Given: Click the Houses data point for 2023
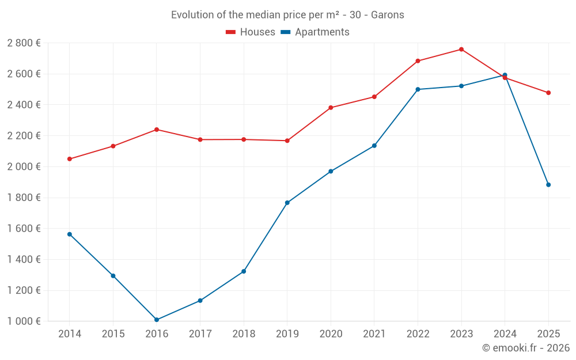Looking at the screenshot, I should [x=461, y=50].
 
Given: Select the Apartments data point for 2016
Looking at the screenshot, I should [x=157, y=320].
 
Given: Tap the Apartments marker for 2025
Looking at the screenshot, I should [x=548, y=185].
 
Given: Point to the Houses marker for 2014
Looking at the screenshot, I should [x=70, y=159].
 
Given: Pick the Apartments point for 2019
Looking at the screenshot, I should [x=287, y=203].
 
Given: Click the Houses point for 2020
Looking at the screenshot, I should [x=331, y=108].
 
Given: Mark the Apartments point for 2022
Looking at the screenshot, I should [x=418, y=89].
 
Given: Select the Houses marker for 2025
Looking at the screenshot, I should [x=548, y=93].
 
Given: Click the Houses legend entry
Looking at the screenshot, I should [x=251, y=32].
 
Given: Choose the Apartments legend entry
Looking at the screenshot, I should [x=315, y=32].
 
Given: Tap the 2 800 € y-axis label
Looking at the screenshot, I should [x=24, y=43].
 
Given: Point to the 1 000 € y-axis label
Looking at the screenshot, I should [x=24, y=321].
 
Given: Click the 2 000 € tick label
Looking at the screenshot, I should [x=24, y=167].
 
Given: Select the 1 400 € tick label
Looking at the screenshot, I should [x=24, y=260].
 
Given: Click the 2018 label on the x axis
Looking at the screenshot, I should [x=244, y=334].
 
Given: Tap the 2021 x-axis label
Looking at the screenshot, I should [x=374, y=334].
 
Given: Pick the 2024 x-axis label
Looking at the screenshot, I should [x=505, y=334].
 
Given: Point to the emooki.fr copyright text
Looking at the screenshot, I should [x=526, y=348].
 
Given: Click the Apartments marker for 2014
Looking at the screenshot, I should [x=70, y=234].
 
